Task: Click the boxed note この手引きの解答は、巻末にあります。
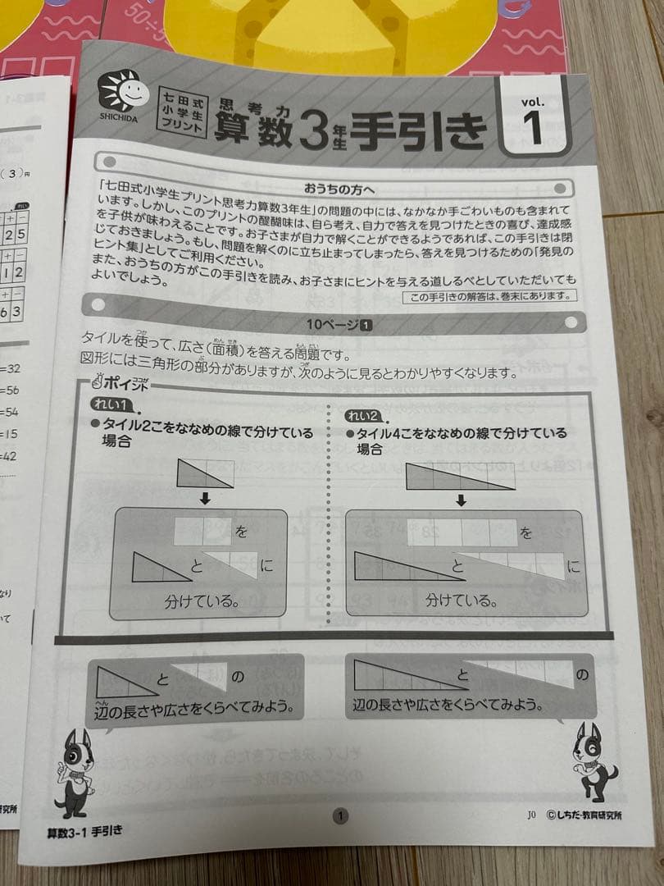[490, 296]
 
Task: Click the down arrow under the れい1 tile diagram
[205, 498]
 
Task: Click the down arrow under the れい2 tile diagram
[461, 500]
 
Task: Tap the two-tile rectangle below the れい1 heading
[205, 473]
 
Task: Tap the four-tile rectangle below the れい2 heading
[460, 476]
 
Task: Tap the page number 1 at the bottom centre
[340, 815]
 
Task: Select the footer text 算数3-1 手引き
[85, 830]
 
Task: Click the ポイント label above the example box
[123, 383]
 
